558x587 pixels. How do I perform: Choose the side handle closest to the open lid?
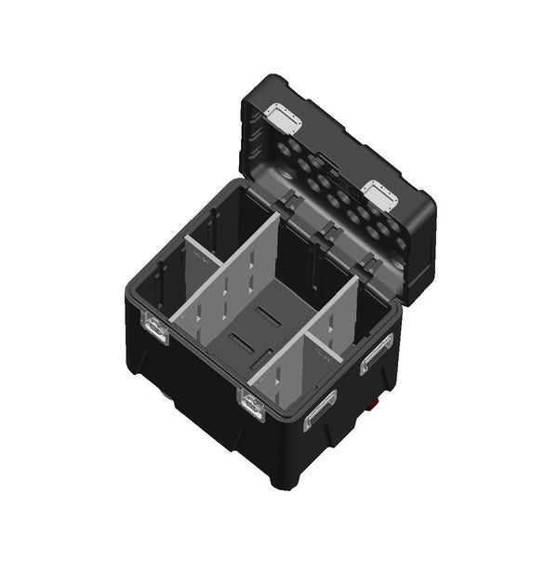click(x=377, y=354)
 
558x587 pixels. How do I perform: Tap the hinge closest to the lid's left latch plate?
click(x=286, y=203)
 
